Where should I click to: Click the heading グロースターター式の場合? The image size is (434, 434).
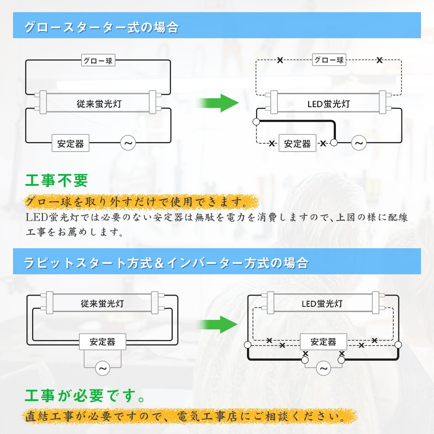(102, 28)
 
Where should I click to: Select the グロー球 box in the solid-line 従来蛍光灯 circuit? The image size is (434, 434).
(98, 60)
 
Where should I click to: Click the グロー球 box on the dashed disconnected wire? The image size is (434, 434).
(329, 60)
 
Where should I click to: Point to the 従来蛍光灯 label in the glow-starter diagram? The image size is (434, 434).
(99, 104)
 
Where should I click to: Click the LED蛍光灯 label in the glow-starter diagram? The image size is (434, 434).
(329, 104)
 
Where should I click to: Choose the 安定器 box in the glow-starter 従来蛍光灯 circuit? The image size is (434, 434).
(70, 143)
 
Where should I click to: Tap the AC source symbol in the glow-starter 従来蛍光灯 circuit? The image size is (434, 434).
(128, 143)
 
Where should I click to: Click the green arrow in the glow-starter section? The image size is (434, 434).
(218, 103)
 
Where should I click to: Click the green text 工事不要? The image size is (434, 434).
(57, 181)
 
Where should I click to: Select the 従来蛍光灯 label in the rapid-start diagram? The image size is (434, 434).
(102, 303)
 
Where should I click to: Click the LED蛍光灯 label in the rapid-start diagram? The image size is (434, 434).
(322, 303)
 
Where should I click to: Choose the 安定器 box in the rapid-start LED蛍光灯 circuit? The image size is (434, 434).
(323, 342)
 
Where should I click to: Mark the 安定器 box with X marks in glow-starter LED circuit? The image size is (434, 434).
(297, 144)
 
